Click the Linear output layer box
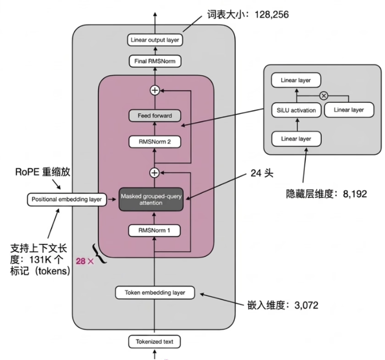(155, 40)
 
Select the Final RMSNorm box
(155, 61)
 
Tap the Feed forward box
(155, 116)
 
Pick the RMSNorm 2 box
(155, 142)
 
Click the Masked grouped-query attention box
(151, 199)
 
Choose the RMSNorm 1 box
(154, 231)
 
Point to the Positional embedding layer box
(67, 199)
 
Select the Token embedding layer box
(155, 293)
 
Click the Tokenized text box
(154, 342)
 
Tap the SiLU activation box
(296, 110)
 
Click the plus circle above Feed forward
(155, 90)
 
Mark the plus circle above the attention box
(154, 173)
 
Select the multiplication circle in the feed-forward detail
(324, 95)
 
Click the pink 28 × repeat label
(85, 261)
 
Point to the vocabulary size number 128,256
(272, 15)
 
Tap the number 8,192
(355, 194)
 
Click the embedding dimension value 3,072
(306, 305)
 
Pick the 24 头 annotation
(262, 173)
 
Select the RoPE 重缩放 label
(43, 172)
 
